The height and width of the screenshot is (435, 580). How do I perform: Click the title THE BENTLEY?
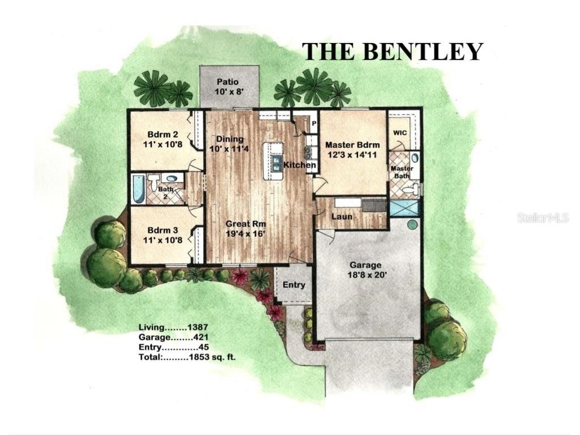tap(392, 51)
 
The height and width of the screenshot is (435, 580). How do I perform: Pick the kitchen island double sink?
tap(276, 165)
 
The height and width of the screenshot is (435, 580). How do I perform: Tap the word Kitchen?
tap(300, 165)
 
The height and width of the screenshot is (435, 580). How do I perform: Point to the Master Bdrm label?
tap(352, 149)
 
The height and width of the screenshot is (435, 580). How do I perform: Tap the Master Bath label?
tap(402, 172)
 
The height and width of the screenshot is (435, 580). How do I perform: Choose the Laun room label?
tap(342, 216)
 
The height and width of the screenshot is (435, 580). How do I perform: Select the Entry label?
tap(293, 285)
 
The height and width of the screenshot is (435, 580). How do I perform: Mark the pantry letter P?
tap(313, 123)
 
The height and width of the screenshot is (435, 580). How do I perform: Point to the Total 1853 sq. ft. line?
tap(187, 357)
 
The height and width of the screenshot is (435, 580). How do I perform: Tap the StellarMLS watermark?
tap(542, 218)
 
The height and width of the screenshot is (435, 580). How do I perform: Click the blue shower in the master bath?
tap(405, 207)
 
